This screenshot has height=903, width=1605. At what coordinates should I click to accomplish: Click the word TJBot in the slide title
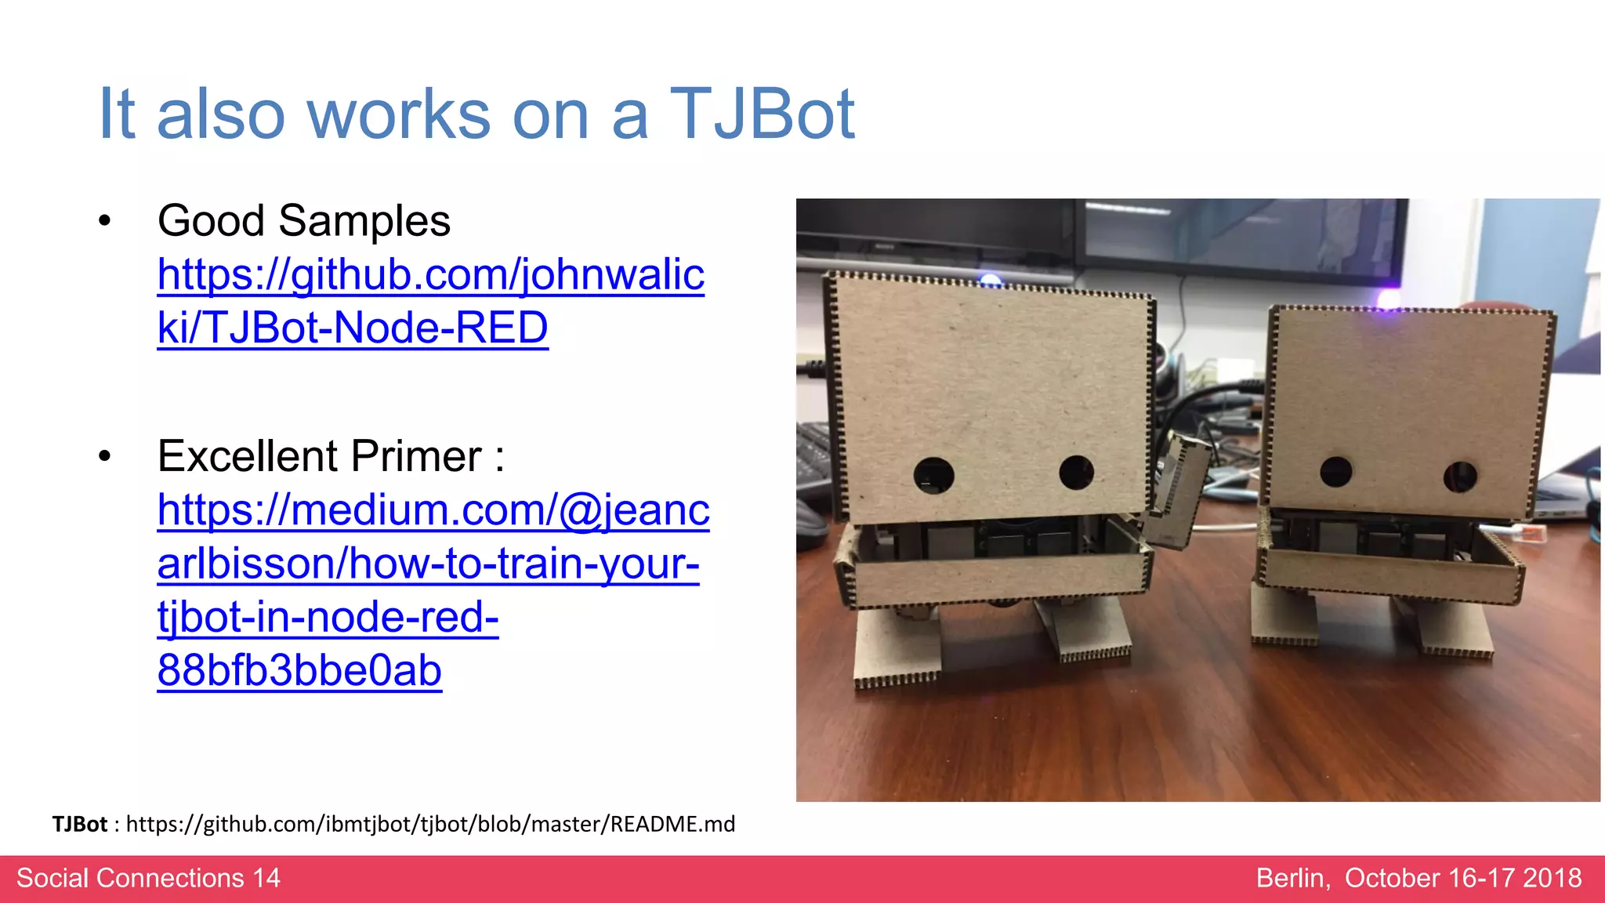762,114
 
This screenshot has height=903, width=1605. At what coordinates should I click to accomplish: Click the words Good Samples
304,221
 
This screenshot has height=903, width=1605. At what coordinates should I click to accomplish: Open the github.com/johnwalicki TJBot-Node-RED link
430,301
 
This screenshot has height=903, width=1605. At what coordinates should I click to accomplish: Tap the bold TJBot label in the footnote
79,824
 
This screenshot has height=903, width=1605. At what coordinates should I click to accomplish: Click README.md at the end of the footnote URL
672,824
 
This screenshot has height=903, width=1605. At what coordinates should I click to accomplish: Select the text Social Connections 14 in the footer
148,878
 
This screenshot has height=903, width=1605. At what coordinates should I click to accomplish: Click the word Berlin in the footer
1292,878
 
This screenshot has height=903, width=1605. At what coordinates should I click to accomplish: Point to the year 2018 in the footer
1552,878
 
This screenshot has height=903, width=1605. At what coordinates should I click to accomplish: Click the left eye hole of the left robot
934,475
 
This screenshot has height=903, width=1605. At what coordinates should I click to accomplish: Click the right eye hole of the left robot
1076,472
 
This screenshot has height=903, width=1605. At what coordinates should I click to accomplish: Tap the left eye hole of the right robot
1335,472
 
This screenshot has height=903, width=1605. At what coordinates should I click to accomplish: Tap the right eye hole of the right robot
1460,477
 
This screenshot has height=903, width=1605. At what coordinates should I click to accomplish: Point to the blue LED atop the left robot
991,280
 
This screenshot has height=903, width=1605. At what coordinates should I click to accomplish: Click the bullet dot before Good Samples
105,221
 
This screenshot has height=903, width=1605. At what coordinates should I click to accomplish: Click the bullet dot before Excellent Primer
105,456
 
